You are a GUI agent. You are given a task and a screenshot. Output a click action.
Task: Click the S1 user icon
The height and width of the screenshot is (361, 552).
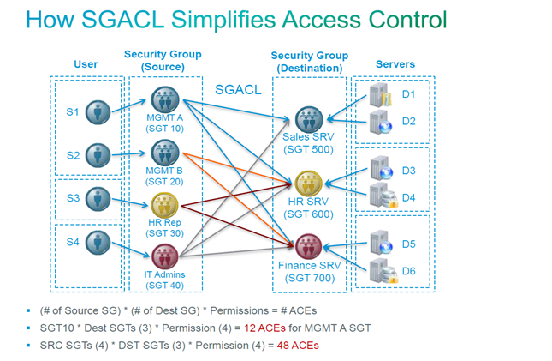100,111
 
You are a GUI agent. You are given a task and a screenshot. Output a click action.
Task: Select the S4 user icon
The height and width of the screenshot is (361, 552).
100,244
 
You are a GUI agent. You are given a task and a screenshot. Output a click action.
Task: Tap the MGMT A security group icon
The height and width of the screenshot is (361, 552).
163,99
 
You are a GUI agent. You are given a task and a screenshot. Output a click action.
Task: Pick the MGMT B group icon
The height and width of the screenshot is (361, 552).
163,153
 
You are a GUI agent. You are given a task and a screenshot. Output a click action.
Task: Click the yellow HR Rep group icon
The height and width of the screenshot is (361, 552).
163,205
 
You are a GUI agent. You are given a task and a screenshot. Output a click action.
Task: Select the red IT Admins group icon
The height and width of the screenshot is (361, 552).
163,256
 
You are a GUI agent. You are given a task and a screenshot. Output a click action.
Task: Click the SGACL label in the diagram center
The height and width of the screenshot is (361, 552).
238,88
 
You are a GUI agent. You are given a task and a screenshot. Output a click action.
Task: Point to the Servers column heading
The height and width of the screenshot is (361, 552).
396,64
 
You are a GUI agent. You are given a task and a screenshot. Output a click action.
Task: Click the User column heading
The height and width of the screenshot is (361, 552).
86,64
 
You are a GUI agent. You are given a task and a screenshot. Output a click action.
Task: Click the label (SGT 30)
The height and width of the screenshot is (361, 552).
163,232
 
